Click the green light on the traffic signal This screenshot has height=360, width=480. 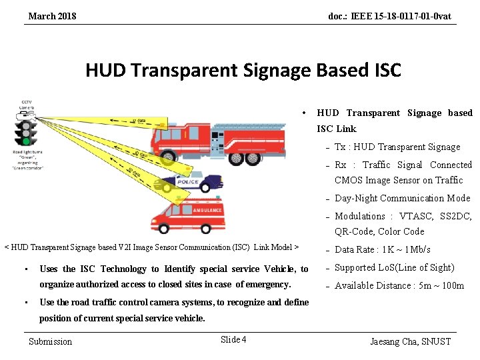pyautogui.click(x=27, y=141)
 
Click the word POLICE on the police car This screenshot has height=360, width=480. pyautogui.click(x=189, y=181)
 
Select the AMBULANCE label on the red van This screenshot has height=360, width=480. pyautogui.click(x=207, y=209)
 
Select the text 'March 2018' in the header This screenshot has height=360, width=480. pyautogui.click(x=52, y=16)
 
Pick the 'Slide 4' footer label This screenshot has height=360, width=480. pyautogui.click(x=233, y=340)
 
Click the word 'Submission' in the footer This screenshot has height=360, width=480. pyautogui.click(x=51, y=341)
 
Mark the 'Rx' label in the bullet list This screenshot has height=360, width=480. pyautogui.click(x=340, y=165)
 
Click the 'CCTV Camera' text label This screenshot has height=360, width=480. pyautogui.click(x=27, y=105)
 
